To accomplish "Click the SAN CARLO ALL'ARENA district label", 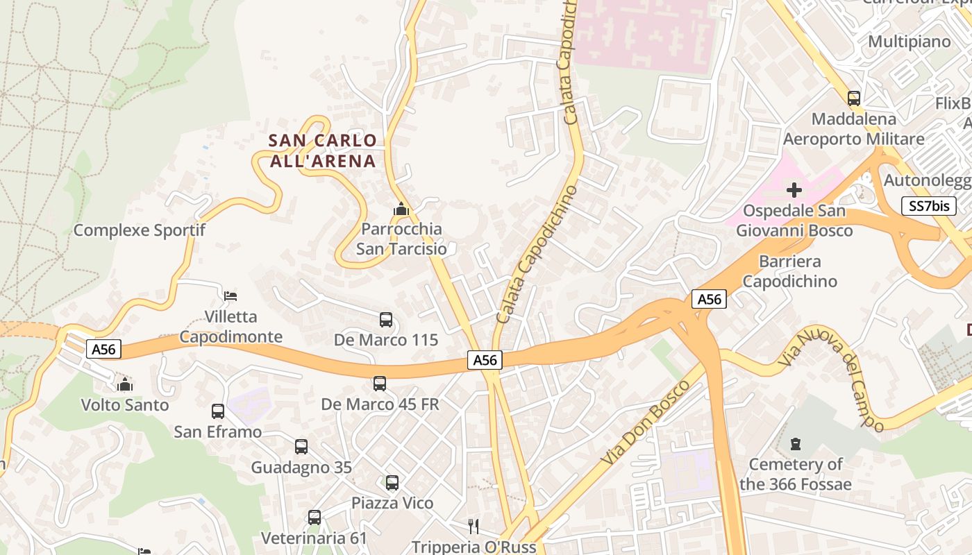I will pos(322,151).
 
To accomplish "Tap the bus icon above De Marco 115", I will pos(386,320).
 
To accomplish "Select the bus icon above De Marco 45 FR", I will pos(380,384).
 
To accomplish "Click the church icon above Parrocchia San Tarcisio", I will pos(401,209).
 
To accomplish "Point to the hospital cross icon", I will pos(794,189).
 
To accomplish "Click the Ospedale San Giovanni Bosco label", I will pos(794,220).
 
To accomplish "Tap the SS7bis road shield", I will pos(929,205).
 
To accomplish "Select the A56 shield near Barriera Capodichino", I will pos(709,299).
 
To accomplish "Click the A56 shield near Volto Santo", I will pos(104,349).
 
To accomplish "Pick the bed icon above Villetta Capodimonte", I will pos(231,296).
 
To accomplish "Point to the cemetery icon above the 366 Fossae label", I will pos(796,443).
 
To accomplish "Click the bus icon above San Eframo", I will pos(218,411).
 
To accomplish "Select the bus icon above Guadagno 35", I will pos(301,447).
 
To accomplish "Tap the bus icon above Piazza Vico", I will pos(392,483).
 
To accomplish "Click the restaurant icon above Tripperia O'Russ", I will pos(474,527).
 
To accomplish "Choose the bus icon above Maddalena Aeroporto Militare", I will pos(854,99).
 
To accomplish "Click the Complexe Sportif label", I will pos(139,230).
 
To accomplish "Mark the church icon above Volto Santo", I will pos(125,384).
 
